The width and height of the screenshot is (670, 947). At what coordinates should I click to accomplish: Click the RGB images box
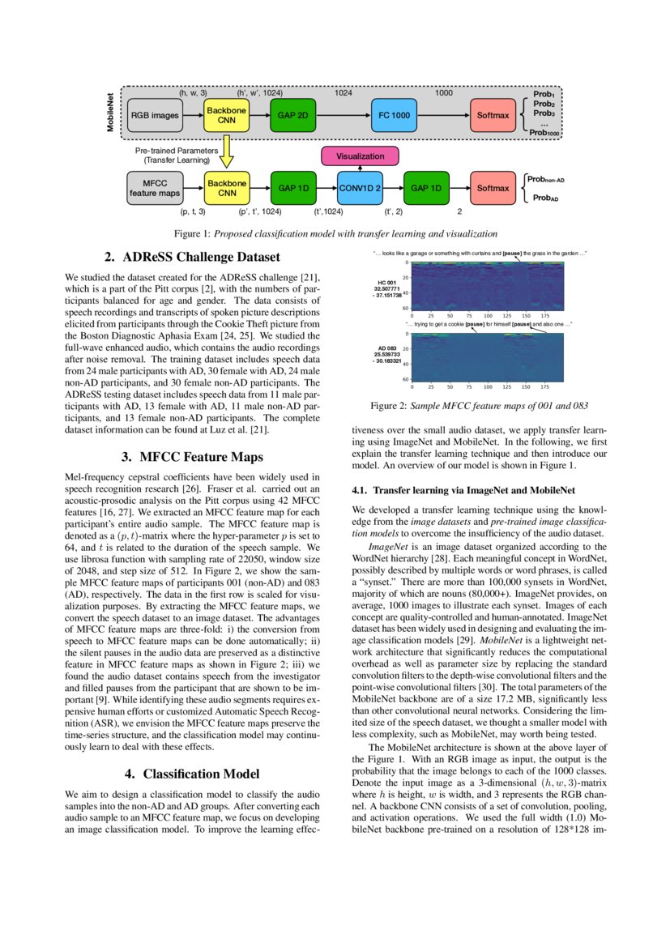(x=154, y=116)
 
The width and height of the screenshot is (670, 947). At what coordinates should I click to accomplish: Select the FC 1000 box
(x=394, y=116)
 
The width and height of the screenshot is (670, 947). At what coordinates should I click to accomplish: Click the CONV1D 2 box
(x=360, y=188)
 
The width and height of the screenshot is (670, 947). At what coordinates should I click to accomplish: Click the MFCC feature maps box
(x=154, y=188)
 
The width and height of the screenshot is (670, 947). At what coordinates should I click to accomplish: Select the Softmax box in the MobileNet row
(x=493, y=116)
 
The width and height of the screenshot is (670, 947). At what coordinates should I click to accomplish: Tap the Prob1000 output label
(x=544, y=133)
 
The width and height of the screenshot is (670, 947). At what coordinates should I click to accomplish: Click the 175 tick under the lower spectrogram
(x=544, y=387)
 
